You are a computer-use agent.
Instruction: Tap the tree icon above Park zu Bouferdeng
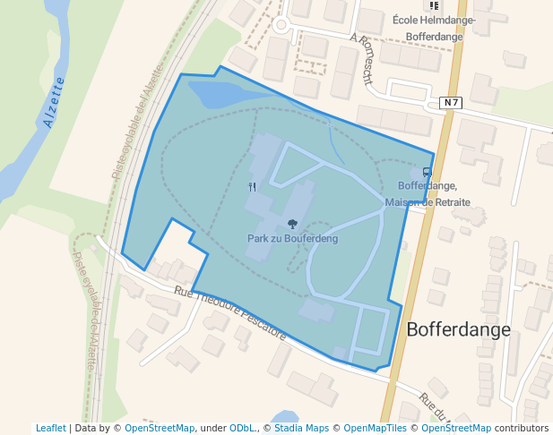(x=292, y=224)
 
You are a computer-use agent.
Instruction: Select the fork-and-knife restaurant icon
(x=252, y=187)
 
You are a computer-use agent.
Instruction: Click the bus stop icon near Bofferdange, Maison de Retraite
(x=427, y=172)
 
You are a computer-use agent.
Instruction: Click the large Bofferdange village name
(x=458, y=329)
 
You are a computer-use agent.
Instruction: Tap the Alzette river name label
(x=54, y=104)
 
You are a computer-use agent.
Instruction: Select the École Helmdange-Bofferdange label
(x=434, y=29)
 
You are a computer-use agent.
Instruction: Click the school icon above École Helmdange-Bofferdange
(x=434, y=5)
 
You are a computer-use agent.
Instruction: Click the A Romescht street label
(x=361, y=57)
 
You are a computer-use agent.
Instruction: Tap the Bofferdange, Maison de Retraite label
(x=428, y=194)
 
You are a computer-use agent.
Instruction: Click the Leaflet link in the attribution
(x=51, y=429)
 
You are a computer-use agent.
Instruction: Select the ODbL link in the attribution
(x=242, y=429)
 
